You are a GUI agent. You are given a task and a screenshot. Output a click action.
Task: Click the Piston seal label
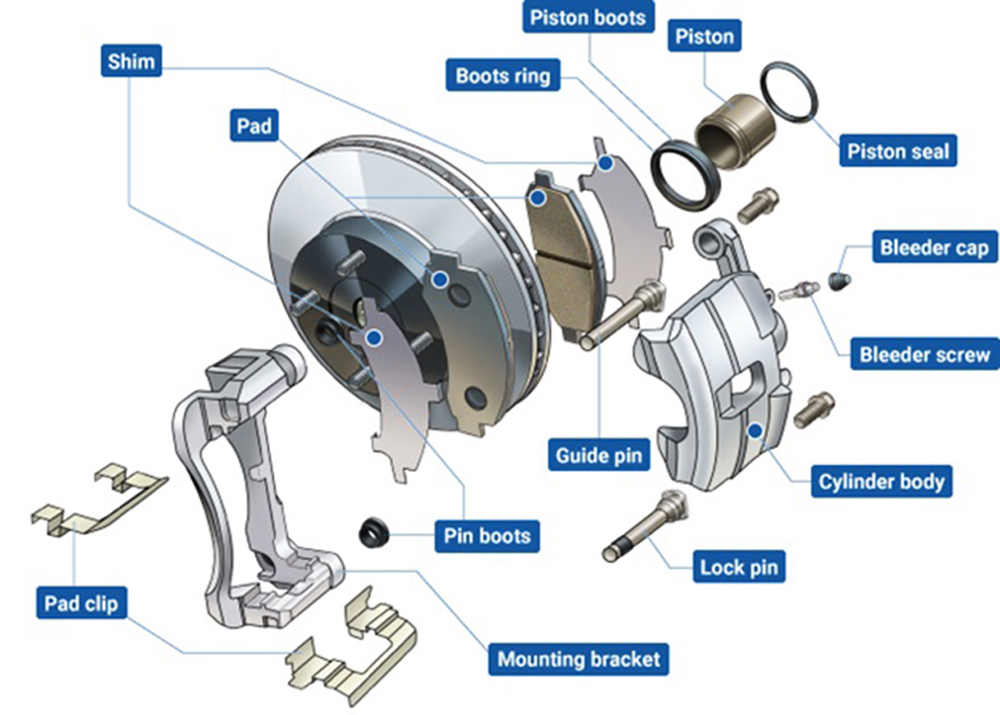[898, 151]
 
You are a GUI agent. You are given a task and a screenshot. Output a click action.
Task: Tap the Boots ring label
[503, 75]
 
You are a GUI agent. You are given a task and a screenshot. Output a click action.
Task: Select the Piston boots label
[588, 17]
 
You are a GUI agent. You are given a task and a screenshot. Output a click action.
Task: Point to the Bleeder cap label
[934, 247]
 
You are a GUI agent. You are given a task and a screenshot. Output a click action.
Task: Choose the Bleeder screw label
[925, 354]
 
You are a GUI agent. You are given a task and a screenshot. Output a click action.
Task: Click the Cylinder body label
[881, 482]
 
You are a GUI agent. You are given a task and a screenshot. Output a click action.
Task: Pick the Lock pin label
[739, 566]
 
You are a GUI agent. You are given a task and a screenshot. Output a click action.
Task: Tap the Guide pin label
[599, 455]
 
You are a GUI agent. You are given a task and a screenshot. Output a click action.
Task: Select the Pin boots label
[487, 535]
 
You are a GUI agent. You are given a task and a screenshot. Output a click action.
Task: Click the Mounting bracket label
[578, 659]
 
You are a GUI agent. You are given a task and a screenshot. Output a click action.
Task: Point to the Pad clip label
[82, 603]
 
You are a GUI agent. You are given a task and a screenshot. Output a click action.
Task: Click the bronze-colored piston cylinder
[735, 131]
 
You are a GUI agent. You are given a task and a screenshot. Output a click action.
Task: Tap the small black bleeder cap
[841, 279]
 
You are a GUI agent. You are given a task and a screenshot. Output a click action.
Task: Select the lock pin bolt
[645, 526]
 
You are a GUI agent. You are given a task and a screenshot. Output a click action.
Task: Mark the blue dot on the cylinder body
[755, 431]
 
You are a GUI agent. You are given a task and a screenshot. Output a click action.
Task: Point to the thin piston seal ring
[789, 92]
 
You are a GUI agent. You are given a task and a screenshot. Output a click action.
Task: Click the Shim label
[131, 61]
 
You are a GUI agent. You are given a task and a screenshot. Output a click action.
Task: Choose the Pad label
[254, 125]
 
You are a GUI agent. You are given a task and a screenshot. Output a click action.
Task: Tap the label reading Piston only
[705, 36]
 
